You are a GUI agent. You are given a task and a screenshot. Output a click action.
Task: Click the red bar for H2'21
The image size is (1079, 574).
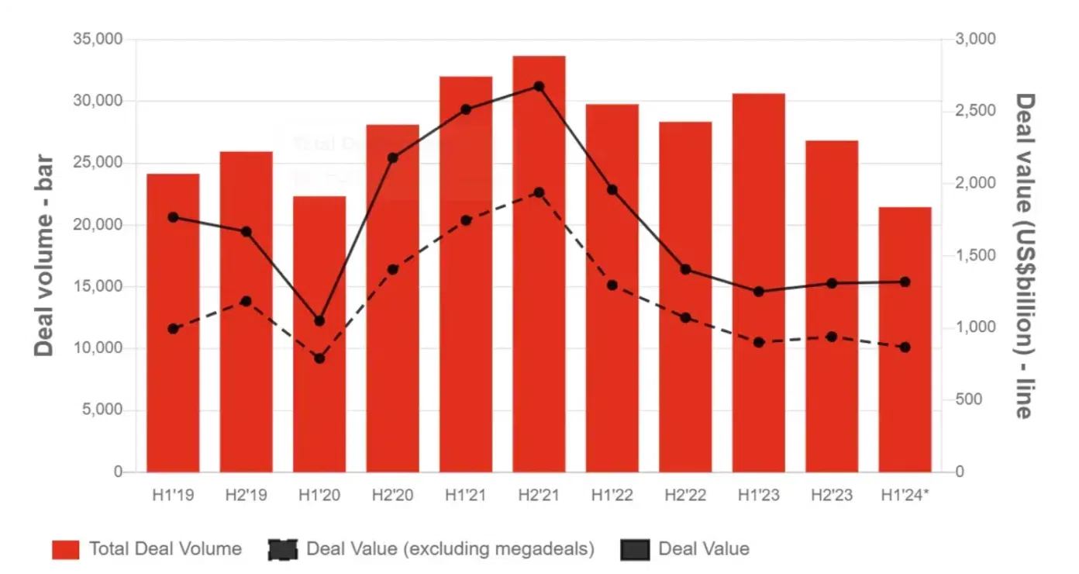pyautogui.click(x=539, y=264)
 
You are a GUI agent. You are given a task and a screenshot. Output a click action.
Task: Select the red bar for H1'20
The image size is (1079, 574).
pyautogui.click(x=319, y=334)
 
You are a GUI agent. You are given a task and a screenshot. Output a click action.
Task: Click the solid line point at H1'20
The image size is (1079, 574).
pyautogui.click(x=319, y=321)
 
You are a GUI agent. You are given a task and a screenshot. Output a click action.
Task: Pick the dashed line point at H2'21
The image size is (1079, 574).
pyautogui.click(x=539, y=192)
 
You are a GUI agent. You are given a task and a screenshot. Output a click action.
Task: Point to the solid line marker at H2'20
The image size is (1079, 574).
pyautogui.click(x=392, y=158)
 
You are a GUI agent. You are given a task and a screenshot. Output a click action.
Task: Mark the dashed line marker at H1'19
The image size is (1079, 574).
pyautogui.click(x=173, y=329)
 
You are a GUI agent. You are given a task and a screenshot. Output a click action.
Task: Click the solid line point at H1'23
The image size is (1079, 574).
pyautogui.click(x=758, y=292)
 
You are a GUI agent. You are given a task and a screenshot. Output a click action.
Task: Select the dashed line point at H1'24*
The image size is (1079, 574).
pyautogui.click(x=905, y=348)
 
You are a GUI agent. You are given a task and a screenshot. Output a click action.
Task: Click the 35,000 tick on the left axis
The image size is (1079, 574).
pyautogui.click(x=97, y=40)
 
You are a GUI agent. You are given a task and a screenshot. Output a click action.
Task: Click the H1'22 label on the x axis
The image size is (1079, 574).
pyautogui.click(x=612, y=495)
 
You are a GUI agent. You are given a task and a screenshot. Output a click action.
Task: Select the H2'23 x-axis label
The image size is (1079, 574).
pyautogui.click(x=831, y=495)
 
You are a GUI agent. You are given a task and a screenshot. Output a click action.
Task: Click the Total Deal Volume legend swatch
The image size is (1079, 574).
pyautogui.click(x=66, y=549)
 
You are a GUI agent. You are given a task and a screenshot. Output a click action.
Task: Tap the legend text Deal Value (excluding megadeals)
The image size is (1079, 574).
pyautogui.click(x=450, y=549)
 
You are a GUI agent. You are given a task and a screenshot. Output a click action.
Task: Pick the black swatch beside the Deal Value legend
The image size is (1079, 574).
pyautogui.click(x=635, y=549)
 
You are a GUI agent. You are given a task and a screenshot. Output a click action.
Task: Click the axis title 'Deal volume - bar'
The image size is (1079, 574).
pyautogui.click(x=44, y=256)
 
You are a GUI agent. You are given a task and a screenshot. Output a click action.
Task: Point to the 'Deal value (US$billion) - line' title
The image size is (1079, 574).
pyautogui.click(x=1025, y=256)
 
